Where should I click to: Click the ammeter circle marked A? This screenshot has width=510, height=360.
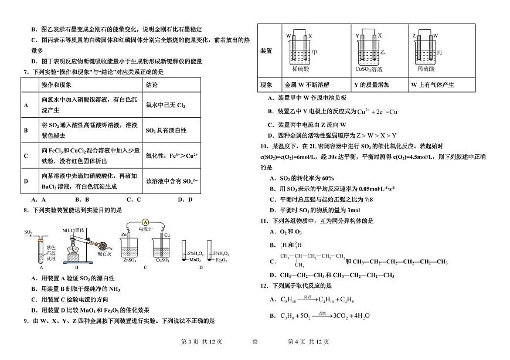coord(144,222)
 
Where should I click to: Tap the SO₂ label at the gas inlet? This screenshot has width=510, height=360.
coord(28,232)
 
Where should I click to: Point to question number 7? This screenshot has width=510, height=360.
coord(25,72)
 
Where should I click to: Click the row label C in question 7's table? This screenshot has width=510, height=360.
coord(26,155)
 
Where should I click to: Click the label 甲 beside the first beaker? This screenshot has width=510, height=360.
coord(315,52)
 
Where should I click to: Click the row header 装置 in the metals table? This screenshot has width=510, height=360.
coord(266,51)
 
